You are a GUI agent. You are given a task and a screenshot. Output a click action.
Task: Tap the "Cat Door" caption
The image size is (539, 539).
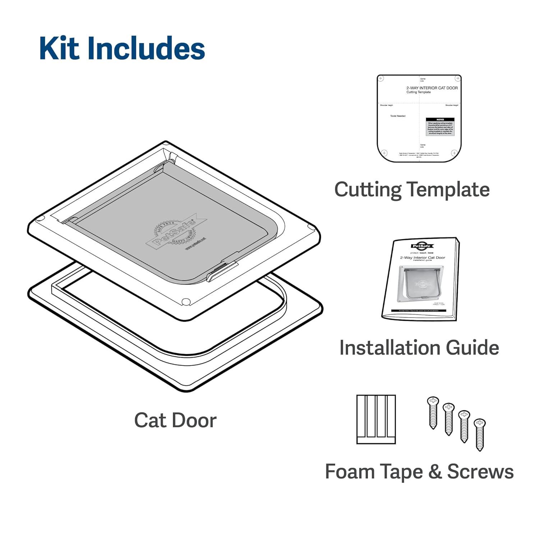tap(175, 420)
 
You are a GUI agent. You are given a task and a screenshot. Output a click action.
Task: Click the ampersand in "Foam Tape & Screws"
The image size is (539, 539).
tap(435, 471)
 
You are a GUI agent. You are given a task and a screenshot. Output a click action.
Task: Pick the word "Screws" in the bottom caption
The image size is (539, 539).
tap(480, 471)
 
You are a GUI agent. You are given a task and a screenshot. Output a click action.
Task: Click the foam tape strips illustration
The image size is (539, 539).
tap(376, 419)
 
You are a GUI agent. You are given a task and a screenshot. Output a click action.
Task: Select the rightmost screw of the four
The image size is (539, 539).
tap(479, 434)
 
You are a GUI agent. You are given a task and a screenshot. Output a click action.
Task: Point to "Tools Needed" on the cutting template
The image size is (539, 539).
tap(398, 116)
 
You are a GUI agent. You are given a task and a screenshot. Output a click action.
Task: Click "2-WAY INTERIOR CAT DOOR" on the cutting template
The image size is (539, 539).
tap(432, 88)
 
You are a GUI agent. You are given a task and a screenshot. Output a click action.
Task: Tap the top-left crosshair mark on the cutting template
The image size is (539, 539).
tap(381, 78)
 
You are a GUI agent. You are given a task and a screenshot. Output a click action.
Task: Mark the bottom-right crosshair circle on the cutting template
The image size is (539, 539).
tap(454, 153)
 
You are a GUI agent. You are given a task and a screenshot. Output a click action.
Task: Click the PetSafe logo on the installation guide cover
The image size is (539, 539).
tap(422, 246)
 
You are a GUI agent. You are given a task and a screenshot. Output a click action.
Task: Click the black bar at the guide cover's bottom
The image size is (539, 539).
tap(419, 310)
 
